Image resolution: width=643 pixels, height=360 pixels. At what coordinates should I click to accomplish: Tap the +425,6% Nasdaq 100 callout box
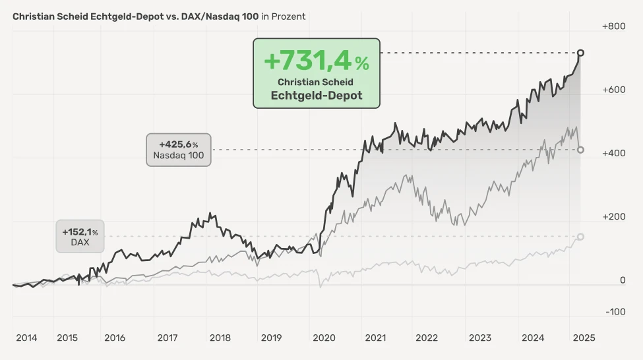[178, 150]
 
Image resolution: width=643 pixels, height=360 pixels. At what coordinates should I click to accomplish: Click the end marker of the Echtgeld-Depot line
[580, 53]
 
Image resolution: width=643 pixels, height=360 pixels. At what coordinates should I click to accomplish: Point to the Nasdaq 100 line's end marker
[580, 150]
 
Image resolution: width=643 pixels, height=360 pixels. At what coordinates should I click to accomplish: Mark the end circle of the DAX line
[580, 237]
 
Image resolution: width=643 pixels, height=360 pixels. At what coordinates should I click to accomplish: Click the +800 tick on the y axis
[613, 26]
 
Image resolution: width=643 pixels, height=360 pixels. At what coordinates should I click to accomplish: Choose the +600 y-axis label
[613, 90]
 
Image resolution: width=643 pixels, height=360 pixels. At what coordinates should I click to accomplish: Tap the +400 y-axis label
[613, 153]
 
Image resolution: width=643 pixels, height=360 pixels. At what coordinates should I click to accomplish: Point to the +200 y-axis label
[613, 216]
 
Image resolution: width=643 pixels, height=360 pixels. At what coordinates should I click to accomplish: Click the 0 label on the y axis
[622, 280]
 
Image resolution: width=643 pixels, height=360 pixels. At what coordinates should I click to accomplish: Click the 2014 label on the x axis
[26, 338]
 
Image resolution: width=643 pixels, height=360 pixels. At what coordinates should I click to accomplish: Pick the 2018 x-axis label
[220, 338]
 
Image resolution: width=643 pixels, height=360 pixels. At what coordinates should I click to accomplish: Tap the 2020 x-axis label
[324, 338]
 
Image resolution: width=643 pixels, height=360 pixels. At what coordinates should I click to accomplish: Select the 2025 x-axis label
[584, 338]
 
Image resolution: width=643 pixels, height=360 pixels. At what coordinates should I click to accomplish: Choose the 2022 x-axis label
[427, 338]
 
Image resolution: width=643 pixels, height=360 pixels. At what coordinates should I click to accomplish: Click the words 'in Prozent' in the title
[284, 16]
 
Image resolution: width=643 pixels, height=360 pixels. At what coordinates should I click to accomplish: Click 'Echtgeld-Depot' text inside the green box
[316, 95]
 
